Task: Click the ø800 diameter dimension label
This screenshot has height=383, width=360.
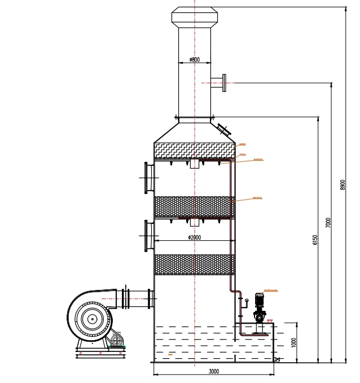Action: pyautogui.click(x=194, y=59)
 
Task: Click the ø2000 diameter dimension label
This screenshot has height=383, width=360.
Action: pyautogui.click(x=195, y=237)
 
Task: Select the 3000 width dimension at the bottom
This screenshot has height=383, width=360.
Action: pyautogui.click(x=214, y=371)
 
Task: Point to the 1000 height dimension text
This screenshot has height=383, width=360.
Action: pyautogui.click(x=294, y=342)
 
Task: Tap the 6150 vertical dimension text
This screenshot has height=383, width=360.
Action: pyautogui.click(x=315, y=239)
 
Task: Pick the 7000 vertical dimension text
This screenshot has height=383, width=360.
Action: pyautogui.click(x=328, y=222)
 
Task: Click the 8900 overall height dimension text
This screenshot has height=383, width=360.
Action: pyautogui.click(x=343, y=185)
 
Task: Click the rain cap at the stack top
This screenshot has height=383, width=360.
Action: pyautogui.click(x=195, y=17)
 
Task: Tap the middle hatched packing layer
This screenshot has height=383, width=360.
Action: pyautogui.click(x=194, y=206)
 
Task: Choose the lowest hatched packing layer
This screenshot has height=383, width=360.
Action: pyautogui.click(x=194, y=265)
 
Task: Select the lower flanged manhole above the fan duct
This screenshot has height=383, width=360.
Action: pyautogui.click(x=148, y=236)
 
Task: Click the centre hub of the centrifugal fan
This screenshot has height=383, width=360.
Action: pyautogui.click(x=90, y=319)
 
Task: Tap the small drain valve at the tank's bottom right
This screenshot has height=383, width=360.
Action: pyautogui.click(x=276, y=360)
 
